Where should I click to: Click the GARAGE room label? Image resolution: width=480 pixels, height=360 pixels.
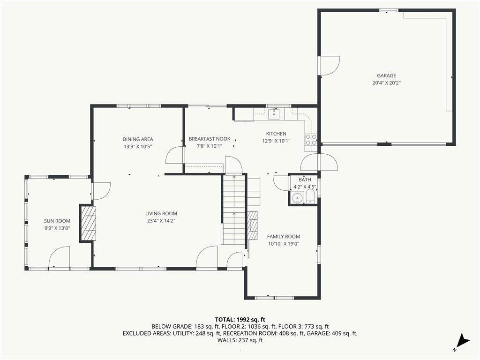coord(386,75)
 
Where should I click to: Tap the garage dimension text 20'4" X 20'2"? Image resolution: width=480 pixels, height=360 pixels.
coord(386,83)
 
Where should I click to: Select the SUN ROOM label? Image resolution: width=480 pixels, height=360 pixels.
coord(57,221)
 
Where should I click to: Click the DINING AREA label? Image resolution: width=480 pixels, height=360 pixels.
coord(138,139)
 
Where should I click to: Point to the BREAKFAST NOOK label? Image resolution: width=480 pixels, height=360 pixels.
coord(210,139)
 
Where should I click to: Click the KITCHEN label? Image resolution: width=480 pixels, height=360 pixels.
coord(276,134)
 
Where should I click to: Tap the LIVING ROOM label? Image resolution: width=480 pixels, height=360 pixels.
coord(161,214)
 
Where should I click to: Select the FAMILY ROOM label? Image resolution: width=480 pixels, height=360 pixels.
coord(283,237)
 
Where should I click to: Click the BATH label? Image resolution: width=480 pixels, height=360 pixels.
coord(305,180)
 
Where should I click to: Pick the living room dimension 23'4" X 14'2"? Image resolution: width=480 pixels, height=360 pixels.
coord(161,221)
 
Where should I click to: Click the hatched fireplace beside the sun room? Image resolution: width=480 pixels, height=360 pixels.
coord(89,223)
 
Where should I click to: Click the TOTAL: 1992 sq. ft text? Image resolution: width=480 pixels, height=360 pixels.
coord(240,319)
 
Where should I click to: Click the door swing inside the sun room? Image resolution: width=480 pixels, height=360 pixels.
coord(60,257)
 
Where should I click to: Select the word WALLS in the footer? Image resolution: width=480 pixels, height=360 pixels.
coord(227,340)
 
